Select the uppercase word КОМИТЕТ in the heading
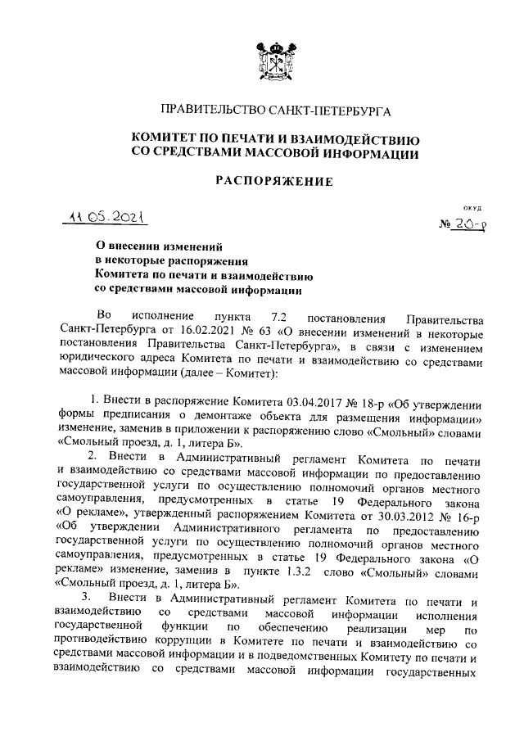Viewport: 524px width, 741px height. (166, 138)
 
